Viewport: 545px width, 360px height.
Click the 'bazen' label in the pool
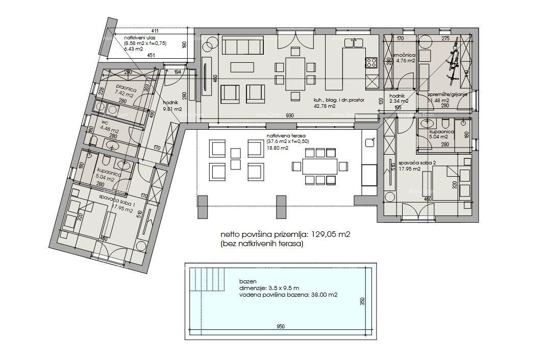(246, 282)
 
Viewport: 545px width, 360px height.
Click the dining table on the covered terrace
(319, 166)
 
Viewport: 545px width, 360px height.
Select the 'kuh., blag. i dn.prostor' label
(338, 101)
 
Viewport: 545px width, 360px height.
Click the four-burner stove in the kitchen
(371, 63)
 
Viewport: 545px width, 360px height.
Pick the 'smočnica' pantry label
(404, 55)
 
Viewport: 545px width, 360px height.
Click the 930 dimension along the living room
(289, 116)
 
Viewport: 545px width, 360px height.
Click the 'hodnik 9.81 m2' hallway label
(171, 106)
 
